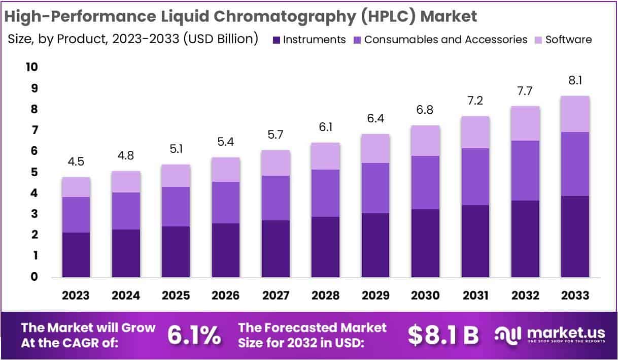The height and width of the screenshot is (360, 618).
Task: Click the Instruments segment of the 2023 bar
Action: point(76,255)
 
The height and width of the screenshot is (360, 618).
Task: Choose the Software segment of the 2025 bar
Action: point(176,176)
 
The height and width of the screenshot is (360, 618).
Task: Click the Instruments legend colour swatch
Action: point(276,40)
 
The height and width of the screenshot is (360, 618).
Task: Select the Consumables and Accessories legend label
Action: point(445,40)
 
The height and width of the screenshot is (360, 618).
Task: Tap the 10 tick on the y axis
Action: point(31,68)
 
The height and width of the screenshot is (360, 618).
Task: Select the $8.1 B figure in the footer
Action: point(443,335)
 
